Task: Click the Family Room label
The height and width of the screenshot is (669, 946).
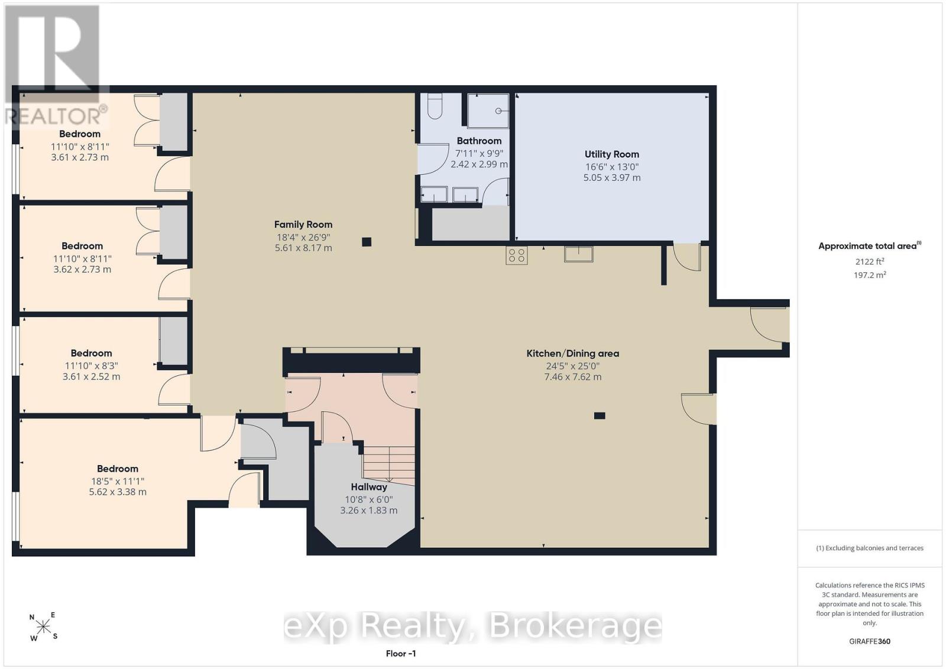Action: pyautogui.click(x=303, y=225)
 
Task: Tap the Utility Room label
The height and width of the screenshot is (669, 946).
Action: pyautogui.click(x=611, y=154)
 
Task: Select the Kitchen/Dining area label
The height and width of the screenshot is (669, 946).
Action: pyautogui.click(x=573, y=353)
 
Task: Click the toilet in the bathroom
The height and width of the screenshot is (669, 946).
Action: pyautogui.click(x=435, y=106)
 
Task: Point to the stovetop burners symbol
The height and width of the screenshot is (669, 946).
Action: pyautogui.click(x=517, y=255)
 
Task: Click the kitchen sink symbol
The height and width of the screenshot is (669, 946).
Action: pyautogui.click(x=579, y=254)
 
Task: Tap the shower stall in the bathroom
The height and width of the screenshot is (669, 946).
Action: pyautogui.click(x=488, y=111)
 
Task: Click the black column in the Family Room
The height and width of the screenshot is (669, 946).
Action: pyautogui.click(x=367, y=242)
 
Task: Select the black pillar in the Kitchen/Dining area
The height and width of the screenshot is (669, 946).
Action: pyautogui.click(x=600, y=415)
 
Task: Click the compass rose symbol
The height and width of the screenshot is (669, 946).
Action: pyautogui.click(x=43, y=626)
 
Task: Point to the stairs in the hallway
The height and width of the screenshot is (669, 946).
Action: pyautogui.click(x=388, y=463)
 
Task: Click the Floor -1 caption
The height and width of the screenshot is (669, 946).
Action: pyautogui.click(x=401, y=654)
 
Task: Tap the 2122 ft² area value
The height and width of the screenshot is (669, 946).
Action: pyautogui.click(x=870, y=262)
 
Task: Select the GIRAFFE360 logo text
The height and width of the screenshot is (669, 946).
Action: pyautogui.click(x=870, y=641)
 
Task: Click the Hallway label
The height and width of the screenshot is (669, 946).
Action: pyautogui.click(x=369, y=487)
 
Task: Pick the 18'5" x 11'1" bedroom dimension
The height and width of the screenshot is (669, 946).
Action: pyautogui.click(x=118, y=481)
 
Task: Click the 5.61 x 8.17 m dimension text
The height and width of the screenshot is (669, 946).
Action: pyautogui.click(x=303, y=248)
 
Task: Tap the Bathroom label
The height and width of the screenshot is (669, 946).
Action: pyautogui.click(x=479, y=141)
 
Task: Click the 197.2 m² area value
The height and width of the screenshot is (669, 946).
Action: pyautogui.click(x=870, y=275)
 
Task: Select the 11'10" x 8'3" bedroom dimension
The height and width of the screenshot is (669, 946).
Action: pyautogui.click(x=91, y=366)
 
